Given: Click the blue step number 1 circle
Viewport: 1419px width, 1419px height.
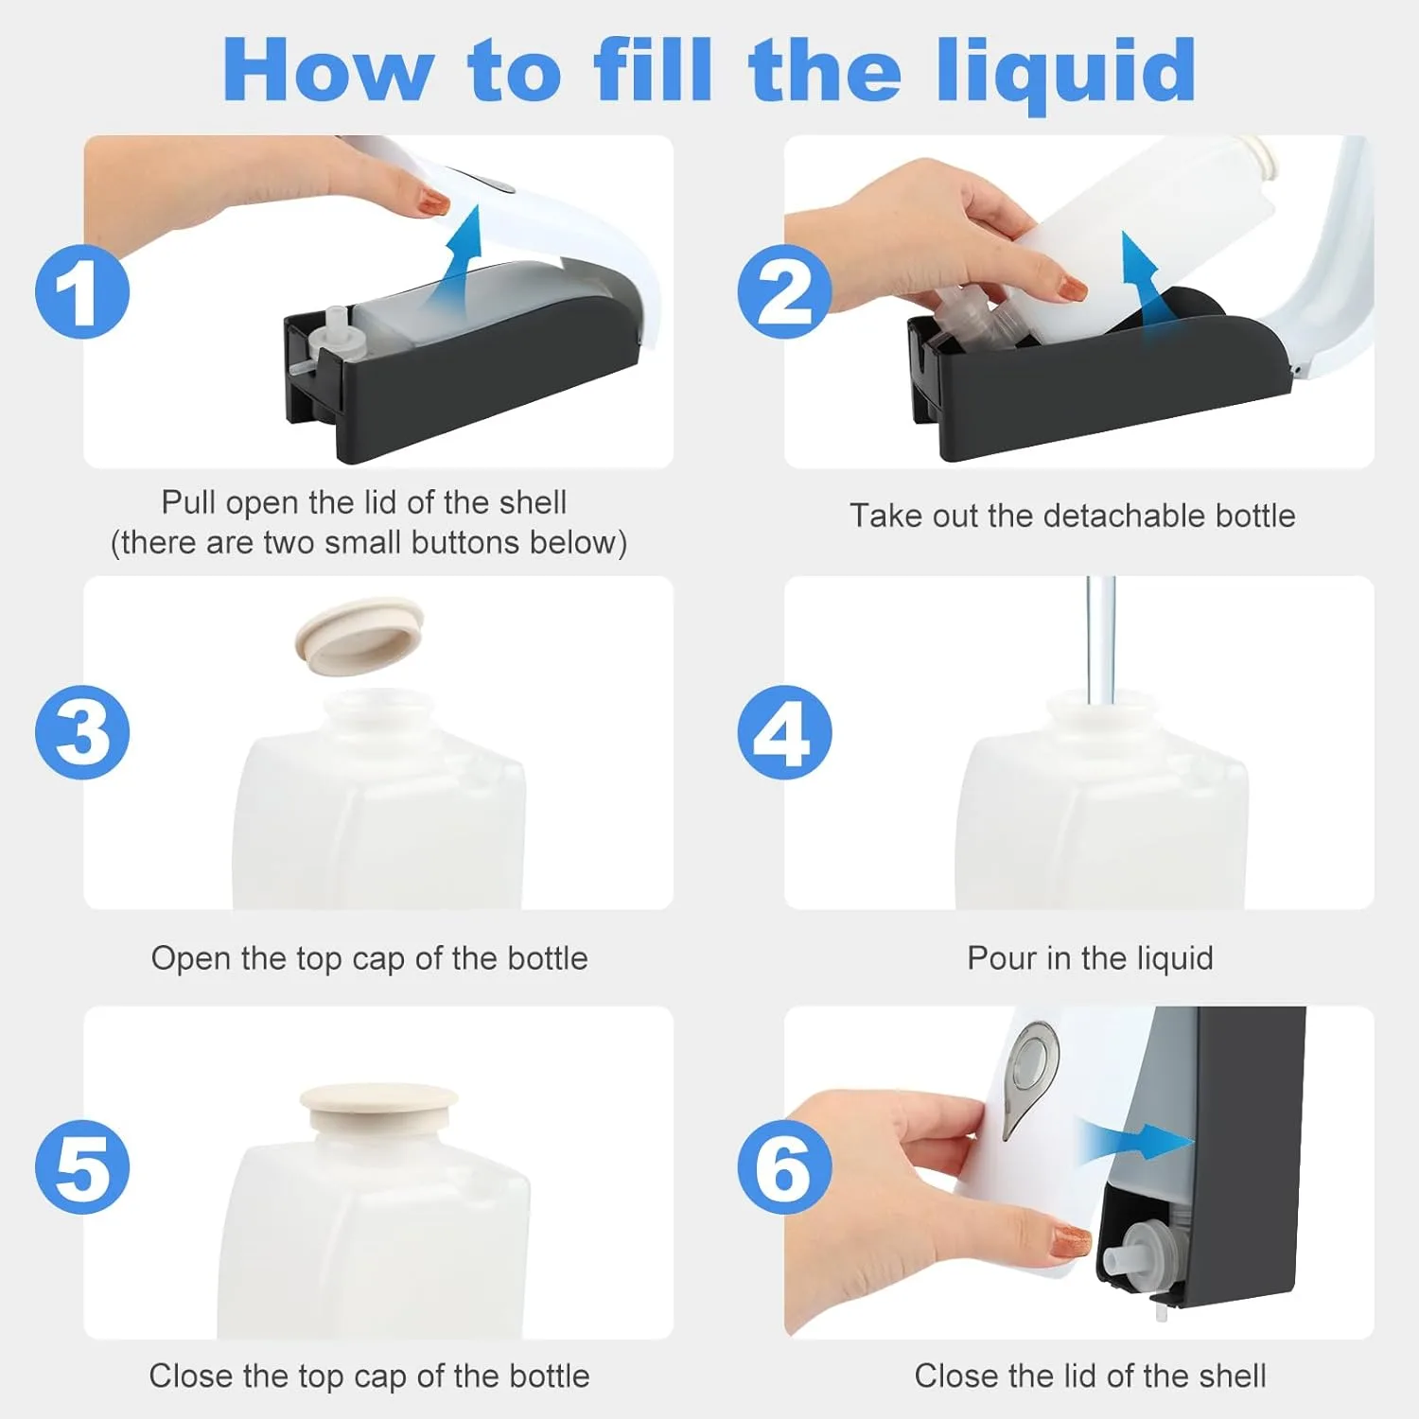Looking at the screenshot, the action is tap(82, 291).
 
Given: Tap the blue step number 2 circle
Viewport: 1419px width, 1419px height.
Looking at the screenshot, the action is tap(784, 291).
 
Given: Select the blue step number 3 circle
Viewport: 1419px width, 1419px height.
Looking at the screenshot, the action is tap(82, 732).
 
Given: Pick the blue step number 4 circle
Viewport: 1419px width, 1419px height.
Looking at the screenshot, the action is tap(784, 732).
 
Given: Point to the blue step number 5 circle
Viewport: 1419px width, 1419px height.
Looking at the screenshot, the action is tap(82, 1166).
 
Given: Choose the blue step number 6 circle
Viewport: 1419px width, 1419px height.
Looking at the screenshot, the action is tap(784, 1166).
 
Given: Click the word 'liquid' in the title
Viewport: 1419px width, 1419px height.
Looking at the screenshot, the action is tap(1066, 72).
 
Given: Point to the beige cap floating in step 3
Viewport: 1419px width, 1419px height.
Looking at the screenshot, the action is tap(359, 632).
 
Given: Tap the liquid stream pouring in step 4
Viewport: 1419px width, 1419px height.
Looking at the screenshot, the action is tap(1101, 639).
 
